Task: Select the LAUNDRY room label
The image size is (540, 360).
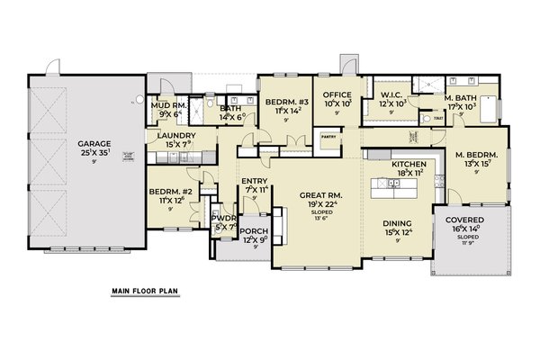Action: [x=176, y=136]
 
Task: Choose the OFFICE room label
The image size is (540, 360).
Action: [x=337, y=94]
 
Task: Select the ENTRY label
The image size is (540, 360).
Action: [x=255, y=183]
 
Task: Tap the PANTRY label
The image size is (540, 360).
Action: [x=328, y=137]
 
